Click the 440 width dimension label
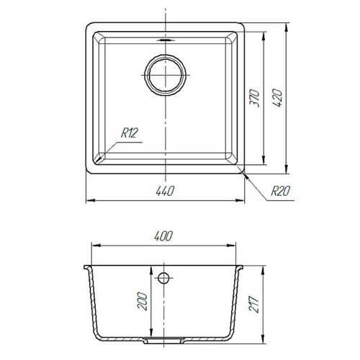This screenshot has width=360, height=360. (165, 191)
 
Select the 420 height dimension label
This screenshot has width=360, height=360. (277, 98)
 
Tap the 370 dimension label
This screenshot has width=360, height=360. (254, 98)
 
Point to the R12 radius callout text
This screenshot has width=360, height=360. (130, 132)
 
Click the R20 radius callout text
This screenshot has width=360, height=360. (280, 191)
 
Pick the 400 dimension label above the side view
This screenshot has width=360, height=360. (163, 236)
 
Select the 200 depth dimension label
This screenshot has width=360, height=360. (142, 301)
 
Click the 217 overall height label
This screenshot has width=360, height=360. (253, 305)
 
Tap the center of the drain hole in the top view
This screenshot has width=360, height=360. (165, 75)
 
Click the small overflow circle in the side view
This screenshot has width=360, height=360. (163, 278)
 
